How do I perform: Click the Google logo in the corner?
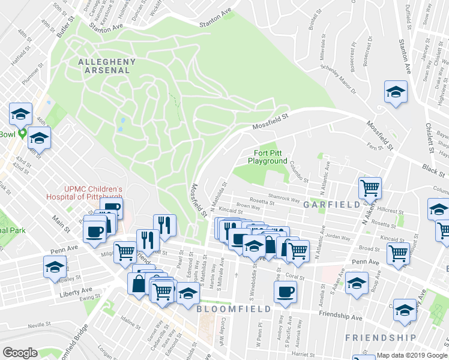[x=20, y=353]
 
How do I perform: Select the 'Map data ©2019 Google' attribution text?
[x=411, y=355]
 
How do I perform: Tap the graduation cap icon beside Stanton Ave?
[x=395, y=92]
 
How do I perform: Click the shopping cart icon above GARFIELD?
[x=370, y=187]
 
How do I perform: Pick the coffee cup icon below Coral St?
[x=285, y=292]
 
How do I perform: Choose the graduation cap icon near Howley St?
[x=55, y=266]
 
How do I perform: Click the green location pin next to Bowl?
[x=23, y=133]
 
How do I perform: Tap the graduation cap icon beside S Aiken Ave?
[x=357, y=283]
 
